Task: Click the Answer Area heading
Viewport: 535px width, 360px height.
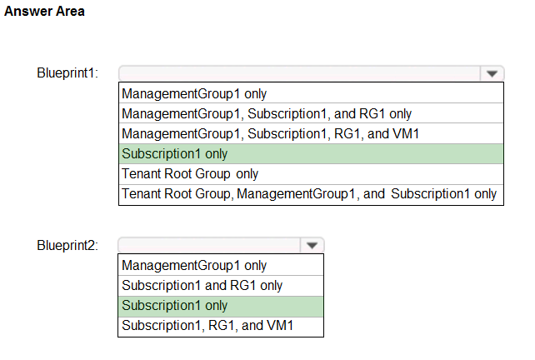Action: pyautogui.click(x=44, y=12)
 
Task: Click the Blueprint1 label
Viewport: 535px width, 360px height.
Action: pyautogui.click(x=67, y=73)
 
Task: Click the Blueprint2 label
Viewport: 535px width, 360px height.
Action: pyautogui.click(x=67, y=245)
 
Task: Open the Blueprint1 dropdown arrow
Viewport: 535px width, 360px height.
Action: pyautogui.click(x=492, y=73)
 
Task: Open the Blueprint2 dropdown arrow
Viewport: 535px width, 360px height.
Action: pyautogui.click(x=312, y=245)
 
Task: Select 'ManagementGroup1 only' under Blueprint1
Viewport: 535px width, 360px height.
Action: pyautogui.click(x=194, y=93)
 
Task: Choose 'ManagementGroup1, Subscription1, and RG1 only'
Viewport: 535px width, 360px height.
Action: pyautogui.click(x=267, y=113)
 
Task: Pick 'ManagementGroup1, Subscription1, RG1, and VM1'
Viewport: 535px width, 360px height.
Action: pyautogui.click(x=270, y=134)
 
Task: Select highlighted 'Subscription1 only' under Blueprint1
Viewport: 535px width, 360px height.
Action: pyautogui.click(x=175, y=154)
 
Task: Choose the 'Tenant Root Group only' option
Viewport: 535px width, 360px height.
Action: pyautogui.click(x=190, y=173)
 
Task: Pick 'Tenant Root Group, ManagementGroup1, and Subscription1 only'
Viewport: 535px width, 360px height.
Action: pyautogui.click(x=309, y=194)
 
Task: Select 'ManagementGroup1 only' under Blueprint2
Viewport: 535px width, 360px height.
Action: pyautogui.click(x=194, y=266)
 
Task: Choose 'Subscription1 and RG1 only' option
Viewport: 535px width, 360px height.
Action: pyautogui.click(x=202, y=285)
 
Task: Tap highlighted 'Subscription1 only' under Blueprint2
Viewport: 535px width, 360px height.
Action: pyautogui.click(x=175, y=305)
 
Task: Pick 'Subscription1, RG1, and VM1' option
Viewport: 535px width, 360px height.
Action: pyautogui.click(x=207, y=326)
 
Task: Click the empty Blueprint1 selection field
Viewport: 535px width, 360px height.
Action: pyautogui.click(x=299, y=73)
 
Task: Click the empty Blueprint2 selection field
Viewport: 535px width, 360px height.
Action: pyautogui.click(x=209, y=245)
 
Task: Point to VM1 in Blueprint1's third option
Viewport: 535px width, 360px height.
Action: pyautogui.click(x=406, y=134)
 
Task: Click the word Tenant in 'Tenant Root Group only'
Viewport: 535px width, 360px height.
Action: pyautogui.click(x=142, y=173)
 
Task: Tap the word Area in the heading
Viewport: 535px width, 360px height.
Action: pyautogui.click(x=70, y=12)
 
